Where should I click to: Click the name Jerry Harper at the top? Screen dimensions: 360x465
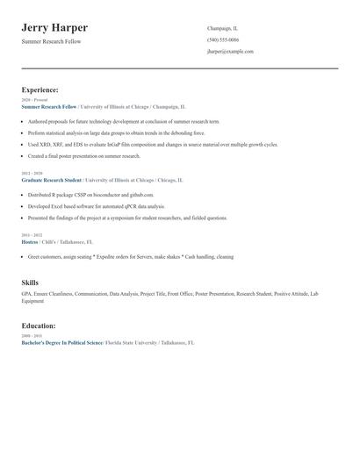(x=54, y=28)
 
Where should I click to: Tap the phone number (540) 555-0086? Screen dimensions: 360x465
(x=222, y=39)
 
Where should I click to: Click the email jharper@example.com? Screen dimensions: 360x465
(x=230, y=52)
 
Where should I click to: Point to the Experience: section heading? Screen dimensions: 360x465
(x=40, y=89)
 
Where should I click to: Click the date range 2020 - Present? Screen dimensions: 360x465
(x=31, y=100)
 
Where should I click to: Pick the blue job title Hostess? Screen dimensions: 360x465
(x=30, y=241)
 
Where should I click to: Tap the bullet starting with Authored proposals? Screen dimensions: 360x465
(x=123, y=121)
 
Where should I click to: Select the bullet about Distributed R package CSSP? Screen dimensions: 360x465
(x=90, y=195)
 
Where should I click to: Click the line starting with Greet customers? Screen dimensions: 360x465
(x=130, y=257)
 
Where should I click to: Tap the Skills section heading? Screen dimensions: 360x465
(x=30, y=283)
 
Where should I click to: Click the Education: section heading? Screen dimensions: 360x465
(x=39, y=325)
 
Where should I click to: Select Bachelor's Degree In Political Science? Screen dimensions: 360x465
(x=61, y=342)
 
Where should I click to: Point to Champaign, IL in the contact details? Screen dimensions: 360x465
(x=222, y=28)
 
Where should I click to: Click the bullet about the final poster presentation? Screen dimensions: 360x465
(x=83, y=155)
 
